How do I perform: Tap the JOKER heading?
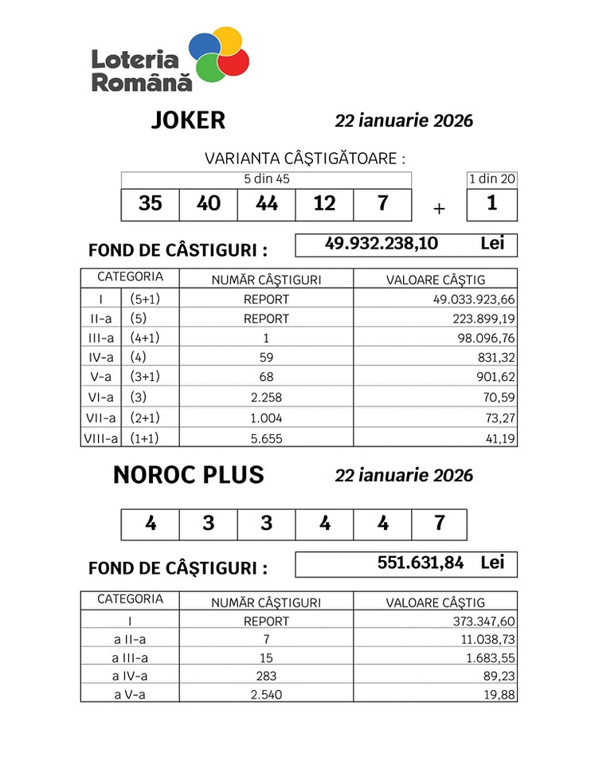tap(188, 120)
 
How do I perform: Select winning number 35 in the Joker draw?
tap(150, 204)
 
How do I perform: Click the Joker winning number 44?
tap(266, 204)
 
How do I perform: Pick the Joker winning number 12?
tap(324, 204)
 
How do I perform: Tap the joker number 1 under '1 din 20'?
tap(491, 204)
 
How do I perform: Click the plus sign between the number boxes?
tap(439, 210)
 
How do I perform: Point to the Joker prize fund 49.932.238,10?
tap(382, 244)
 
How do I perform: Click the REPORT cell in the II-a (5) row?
tap(266, 319)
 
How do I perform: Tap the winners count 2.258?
tap(266, 398)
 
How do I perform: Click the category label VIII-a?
tap(101, 437)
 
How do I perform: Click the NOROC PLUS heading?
tap(188, 475)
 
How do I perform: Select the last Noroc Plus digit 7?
tap(439, 524)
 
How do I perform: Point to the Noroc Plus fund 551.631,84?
tap(420, 563)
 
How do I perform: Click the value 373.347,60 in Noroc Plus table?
tap(474, 621)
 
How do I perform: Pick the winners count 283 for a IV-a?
tap(266, 677)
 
